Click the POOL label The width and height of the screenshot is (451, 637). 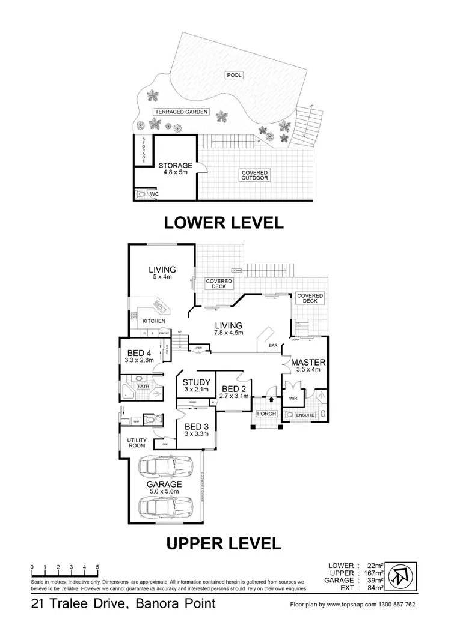point(233,76)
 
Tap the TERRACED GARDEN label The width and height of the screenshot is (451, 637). point(181,112)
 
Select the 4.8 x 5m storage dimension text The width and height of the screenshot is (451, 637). point(175,172)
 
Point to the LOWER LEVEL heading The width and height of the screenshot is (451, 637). point(224,223)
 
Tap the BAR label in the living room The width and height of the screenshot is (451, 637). point(274,346)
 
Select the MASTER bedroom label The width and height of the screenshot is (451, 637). point(308,363)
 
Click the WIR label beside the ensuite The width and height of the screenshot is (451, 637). point(294,397)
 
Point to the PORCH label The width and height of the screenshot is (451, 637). point(266,414)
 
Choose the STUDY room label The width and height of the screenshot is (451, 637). point(197,382)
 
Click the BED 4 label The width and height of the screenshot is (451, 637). point(138,353)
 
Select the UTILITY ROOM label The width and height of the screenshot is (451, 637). point(137,443)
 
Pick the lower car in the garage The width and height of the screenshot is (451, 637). point(164,507)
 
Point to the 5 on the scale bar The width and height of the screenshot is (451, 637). point(97,567)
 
